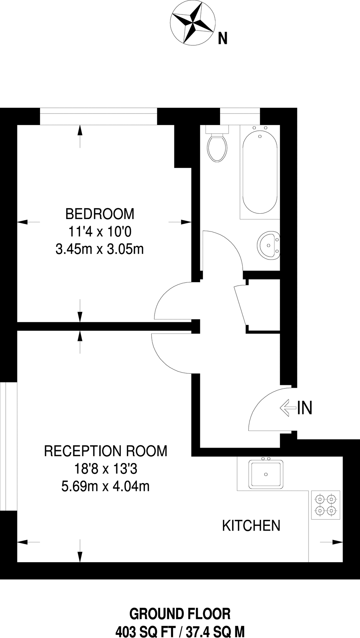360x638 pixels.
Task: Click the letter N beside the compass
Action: tap(223, 38)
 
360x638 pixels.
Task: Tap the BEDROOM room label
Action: tap(100, 214)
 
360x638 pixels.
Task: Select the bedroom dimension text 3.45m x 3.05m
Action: tap(100, 249)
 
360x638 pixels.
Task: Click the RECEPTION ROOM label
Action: tap(106, 451)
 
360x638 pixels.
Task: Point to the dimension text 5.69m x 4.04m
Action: tap(105, 486)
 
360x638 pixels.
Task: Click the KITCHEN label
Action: tap(251, 526)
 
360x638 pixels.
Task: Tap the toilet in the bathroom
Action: tap(217, 147)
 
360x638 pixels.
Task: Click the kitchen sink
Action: tap(266, 474)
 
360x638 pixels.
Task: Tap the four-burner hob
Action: tap(326, 505)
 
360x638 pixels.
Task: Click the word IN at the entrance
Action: tap(304, 408)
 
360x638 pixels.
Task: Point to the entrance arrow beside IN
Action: tap(287, 408)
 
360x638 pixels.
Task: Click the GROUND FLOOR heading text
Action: tap(180, 614)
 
